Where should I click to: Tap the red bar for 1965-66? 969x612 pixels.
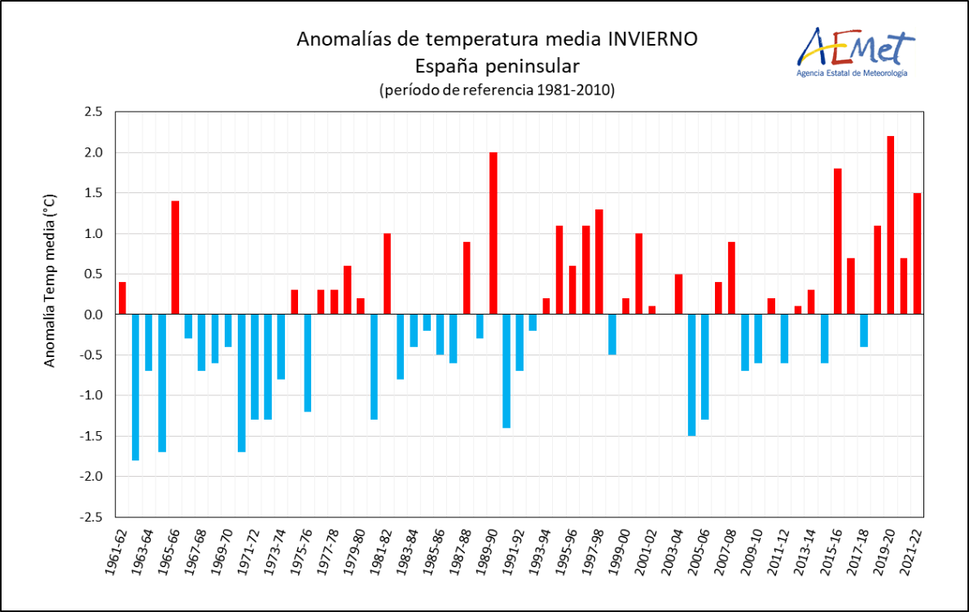point(175,258)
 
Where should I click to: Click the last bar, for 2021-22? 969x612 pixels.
point(917,253)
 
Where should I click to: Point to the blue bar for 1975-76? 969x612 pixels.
point(308,363)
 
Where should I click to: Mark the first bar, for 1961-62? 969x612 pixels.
point(122,298)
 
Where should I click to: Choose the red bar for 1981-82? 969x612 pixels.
point(387,274)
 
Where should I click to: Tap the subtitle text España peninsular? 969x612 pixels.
point(497,65)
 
